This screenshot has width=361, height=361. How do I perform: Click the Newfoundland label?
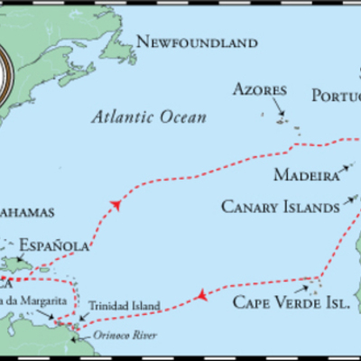(x=196, y=42)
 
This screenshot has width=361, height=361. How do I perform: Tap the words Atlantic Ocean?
(x=150, y=116)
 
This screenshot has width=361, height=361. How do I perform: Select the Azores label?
(x=260, y=89)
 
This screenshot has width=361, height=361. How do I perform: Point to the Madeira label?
(x=307, y=174)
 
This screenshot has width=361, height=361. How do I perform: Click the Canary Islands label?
(x=281, y=207)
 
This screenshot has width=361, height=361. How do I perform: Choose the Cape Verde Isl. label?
(x=291, y=303)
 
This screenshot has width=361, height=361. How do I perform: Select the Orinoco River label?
(x=125, y=336)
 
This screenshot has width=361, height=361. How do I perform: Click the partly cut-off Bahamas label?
(x=27, y=212)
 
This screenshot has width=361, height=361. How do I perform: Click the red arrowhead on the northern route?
(x=116, y=206)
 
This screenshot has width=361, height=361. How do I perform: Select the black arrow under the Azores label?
(x=281, y=115)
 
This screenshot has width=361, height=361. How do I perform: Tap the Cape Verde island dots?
(x=314, y=287)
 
